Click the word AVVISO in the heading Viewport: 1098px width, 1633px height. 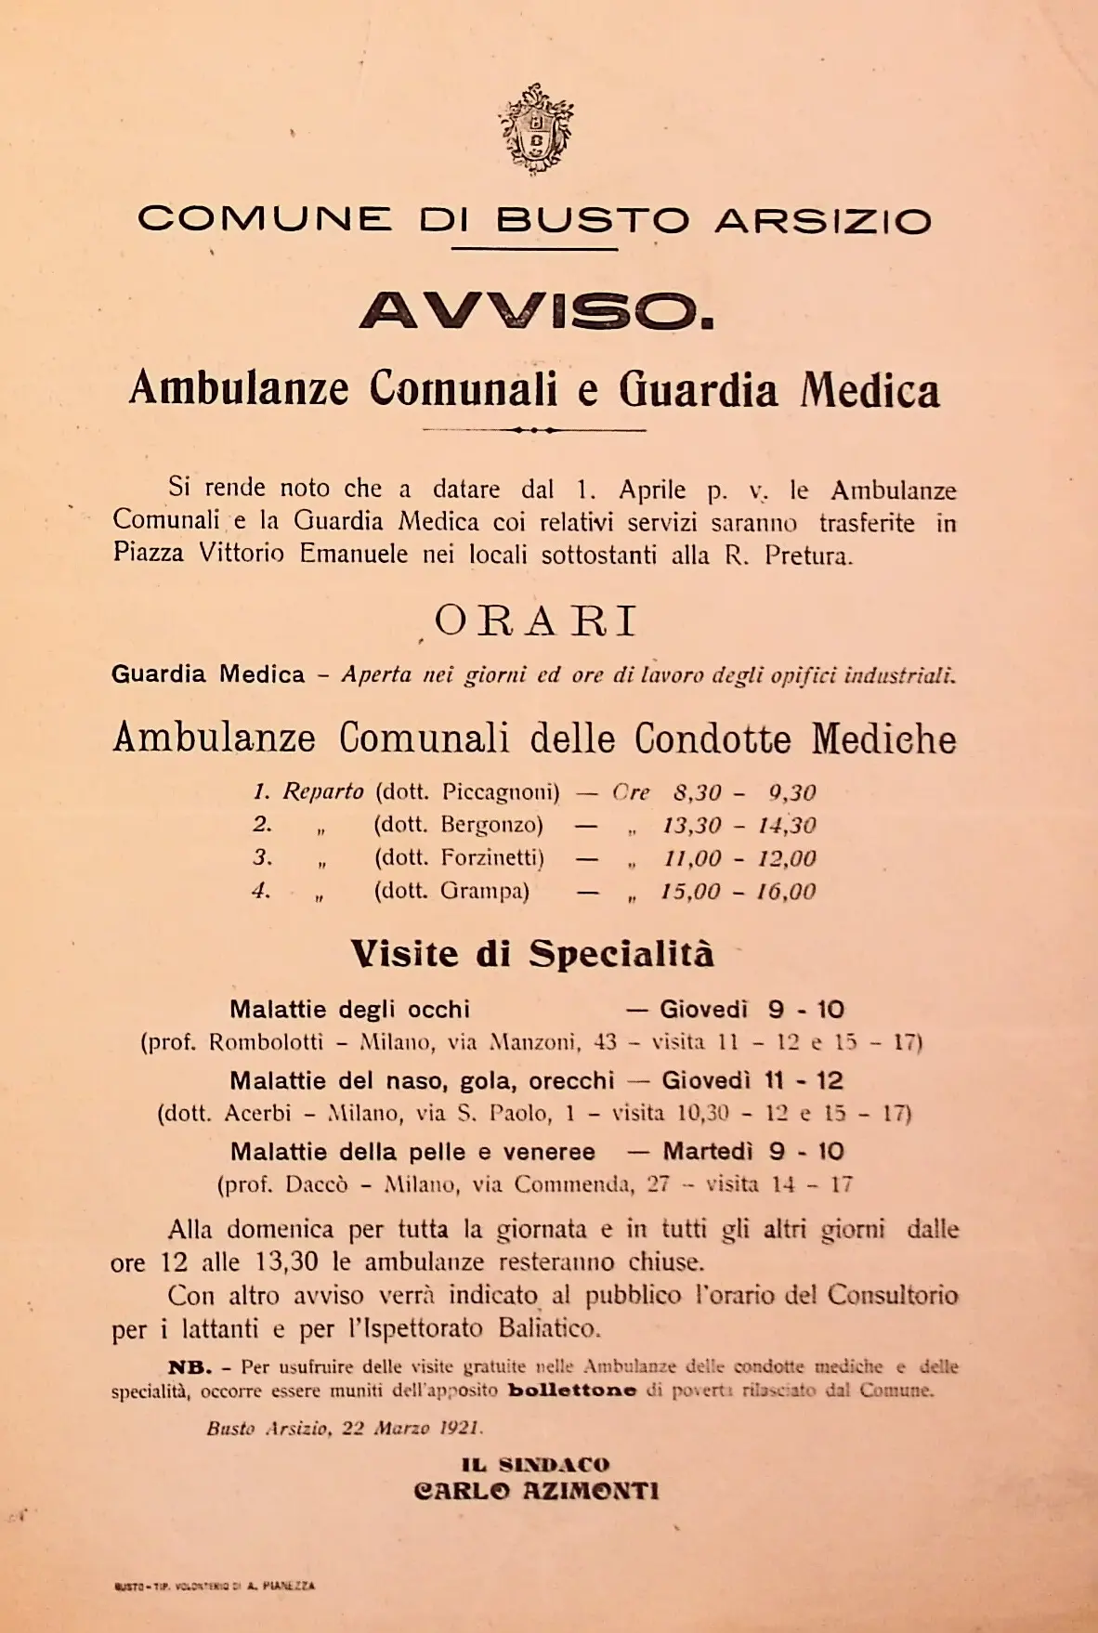[536, 311]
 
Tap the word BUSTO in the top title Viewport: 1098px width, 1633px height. [592, 221]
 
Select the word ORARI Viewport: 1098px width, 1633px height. [535, 621]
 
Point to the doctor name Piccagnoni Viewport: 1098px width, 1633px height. [500, 792]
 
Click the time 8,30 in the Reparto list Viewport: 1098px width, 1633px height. [697, 793]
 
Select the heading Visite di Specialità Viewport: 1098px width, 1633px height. [531, 954]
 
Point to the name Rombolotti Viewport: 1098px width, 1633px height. [266, 1042]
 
